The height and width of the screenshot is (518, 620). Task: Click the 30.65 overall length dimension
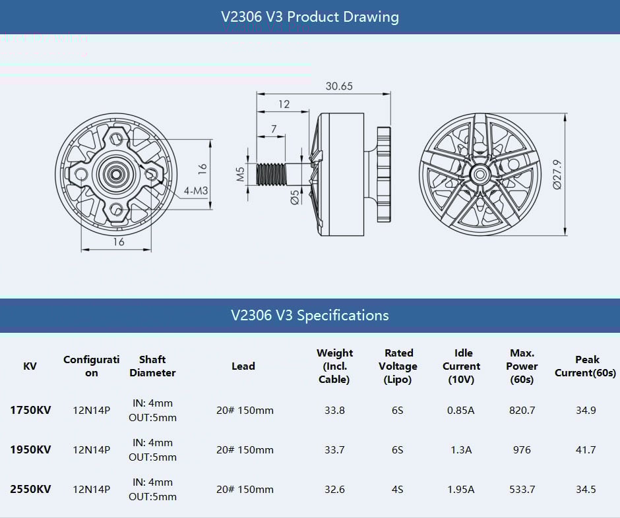pos(338,86)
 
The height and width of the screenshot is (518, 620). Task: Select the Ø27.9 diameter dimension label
pos(557,175)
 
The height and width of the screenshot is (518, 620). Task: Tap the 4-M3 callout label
pos(197,191)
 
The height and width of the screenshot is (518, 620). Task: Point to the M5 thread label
pos(241,173)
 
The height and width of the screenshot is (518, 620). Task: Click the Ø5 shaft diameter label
pos(294,197)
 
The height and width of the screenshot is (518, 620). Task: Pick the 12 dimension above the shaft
pos(284,104)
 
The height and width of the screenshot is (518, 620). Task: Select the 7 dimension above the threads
pos(273,130)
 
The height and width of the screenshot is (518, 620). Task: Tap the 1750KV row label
pos(30,410)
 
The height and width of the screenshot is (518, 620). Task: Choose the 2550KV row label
pos(30,489)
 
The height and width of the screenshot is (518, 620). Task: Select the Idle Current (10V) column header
pos(462,366)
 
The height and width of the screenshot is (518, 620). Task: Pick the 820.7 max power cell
pos(522,410)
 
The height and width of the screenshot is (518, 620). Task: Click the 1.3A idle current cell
pos(461,449)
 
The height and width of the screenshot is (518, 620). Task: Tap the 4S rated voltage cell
pos(397,489)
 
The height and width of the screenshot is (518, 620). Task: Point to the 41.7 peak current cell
pos(586,449)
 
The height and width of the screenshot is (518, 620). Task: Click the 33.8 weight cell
pos(335,410)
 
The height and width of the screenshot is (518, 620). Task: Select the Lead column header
pos(243,366)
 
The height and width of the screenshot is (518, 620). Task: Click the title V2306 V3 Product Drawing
pos(310,16)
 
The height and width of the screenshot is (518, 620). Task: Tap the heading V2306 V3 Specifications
pos(310,315)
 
